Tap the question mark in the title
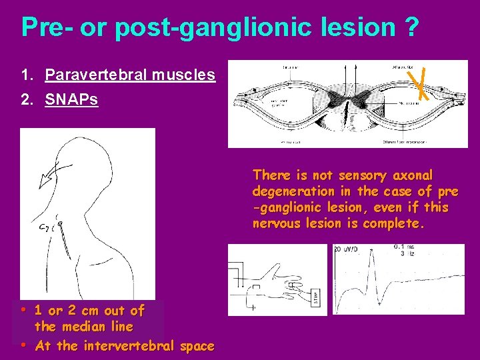(411, 27)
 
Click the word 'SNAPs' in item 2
(71, 99)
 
